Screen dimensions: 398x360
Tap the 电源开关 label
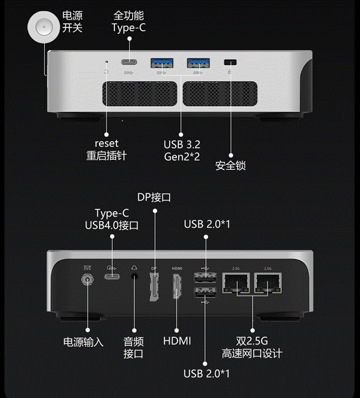(73, 21)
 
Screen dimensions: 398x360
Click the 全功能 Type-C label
(128, 21)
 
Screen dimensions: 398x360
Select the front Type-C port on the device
(128, 62)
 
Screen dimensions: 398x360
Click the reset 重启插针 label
(106, 149)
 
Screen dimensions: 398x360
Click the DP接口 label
(154, 198)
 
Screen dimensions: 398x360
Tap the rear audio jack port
(134, 276)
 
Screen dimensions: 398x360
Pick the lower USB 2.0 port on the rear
(205, 293)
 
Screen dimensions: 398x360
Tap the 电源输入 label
(83, 343)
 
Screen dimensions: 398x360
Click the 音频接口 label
(134, 347)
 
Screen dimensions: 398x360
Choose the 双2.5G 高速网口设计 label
(251, 347)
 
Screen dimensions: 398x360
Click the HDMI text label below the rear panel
(177, 341)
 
